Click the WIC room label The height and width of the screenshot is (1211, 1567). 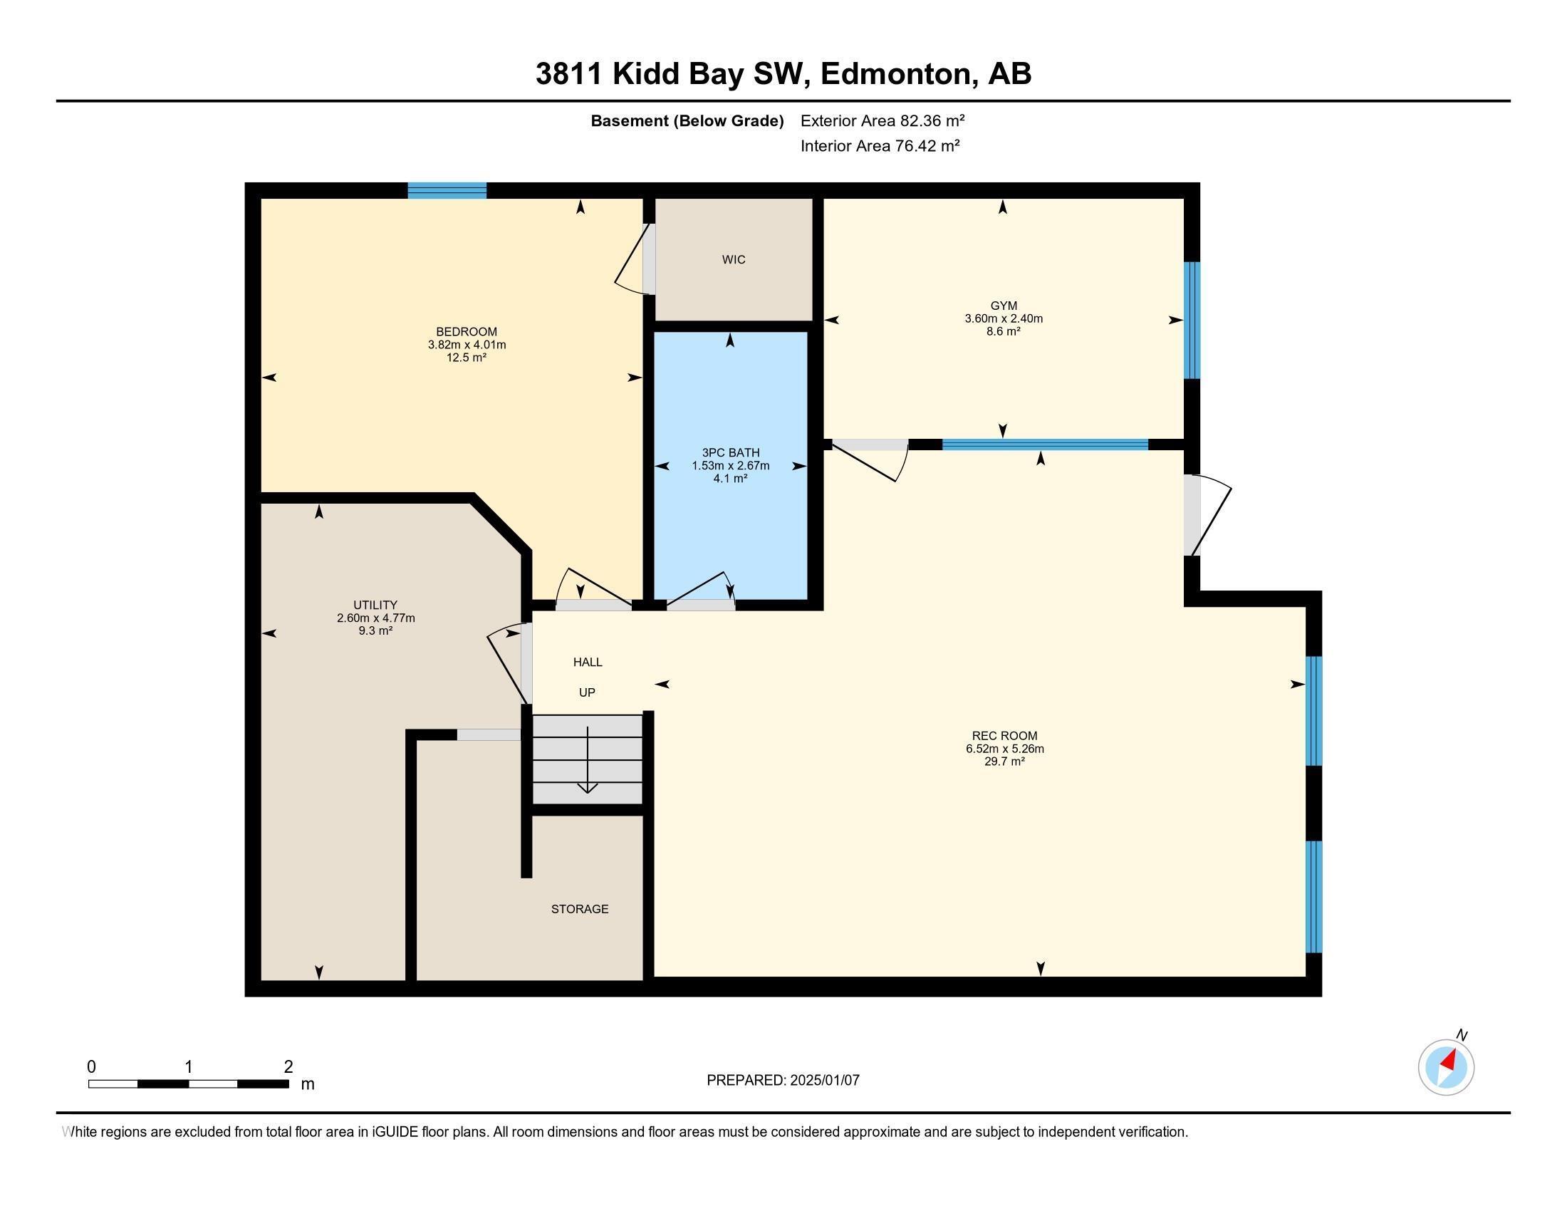pyautogui.click(x=733, y=260)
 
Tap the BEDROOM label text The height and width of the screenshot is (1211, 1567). pyautogui.click(x=467, y=331)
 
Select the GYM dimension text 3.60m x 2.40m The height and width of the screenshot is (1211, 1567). pyautogui.click(x=1003, y=318)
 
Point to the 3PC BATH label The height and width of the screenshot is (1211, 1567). pyautogui.click(x=730, y=452)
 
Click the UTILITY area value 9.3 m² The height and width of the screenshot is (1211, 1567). pyautogui.click(x=375, y=630)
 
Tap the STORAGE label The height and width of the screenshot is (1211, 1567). pyautogui.click(x=579, y=909)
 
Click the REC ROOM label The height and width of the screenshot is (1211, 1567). pyautogui.click(x=1004, y=735)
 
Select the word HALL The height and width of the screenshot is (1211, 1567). pyautogui.click(x=587, y=662)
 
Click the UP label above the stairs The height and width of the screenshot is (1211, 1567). pyautogui.click(x=587, y=692)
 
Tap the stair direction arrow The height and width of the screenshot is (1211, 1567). pyautogui.click(x=588, y=761)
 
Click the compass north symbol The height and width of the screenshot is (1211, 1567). pyautogui.click(x=1446, y=1067)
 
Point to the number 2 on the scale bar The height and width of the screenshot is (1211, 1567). pyautogui.click(x=288, y=1067)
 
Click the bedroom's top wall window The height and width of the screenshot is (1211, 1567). pyautogui.click(x=447, y=191)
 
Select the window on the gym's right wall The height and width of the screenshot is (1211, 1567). pyautogui.click(x=1191, y=320)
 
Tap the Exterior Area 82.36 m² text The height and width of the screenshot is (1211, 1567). pyautogui.click(x=882, y=120)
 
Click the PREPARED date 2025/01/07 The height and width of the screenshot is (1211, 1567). pyautogui.click(x=823, y=1080)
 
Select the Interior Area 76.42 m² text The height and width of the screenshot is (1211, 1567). pyautogui.click(x=880, y=146)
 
